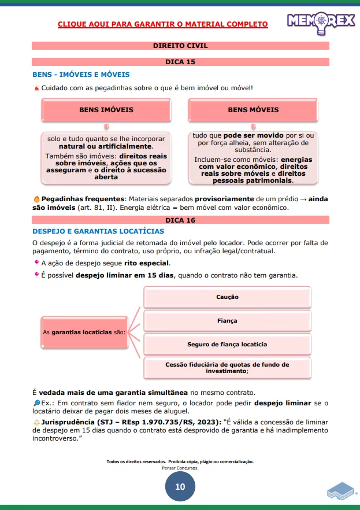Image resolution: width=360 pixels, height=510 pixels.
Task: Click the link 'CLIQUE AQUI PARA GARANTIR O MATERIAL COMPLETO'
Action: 163,24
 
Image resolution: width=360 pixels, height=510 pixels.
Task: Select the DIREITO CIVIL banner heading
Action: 180,45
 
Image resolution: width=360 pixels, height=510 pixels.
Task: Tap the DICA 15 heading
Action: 180,61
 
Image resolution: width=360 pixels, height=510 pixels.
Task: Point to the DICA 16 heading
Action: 180,220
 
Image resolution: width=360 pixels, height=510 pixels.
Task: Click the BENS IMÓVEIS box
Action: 106,110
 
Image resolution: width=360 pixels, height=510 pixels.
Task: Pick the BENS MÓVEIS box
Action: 253,110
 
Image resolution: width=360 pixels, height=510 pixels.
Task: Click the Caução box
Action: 227,297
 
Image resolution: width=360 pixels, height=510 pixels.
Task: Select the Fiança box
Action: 227,320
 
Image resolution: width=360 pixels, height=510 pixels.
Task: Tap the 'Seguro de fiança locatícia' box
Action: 227,344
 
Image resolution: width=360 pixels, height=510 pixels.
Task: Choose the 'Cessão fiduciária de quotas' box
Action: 227,368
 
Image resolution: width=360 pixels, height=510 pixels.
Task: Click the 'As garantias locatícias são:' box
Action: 84,332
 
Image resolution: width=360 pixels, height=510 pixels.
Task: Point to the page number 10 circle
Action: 180,487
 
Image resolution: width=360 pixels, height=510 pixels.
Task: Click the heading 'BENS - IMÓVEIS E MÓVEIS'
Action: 81,75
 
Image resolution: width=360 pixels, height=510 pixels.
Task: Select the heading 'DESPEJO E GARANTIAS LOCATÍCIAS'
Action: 98,231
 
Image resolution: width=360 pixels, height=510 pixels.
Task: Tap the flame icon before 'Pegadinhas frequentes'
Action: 36,198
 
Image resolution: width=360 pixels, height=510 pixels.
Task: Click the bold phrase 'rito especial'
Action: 147,263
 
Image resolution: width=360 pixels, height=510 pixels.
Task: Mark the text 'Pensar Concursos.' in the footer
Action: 180,468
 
